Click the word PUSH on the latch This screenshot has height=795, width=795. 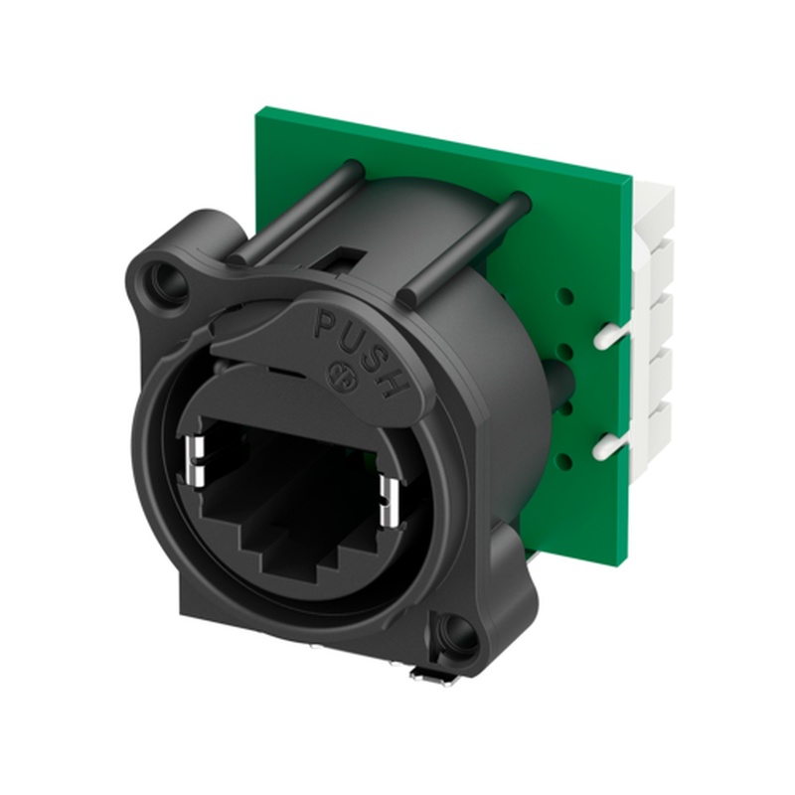click(358, 347)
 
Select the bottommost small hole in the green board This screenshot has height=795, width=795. click(563, 459)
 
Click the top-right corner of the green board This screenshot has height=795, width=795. click(630, 180)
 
